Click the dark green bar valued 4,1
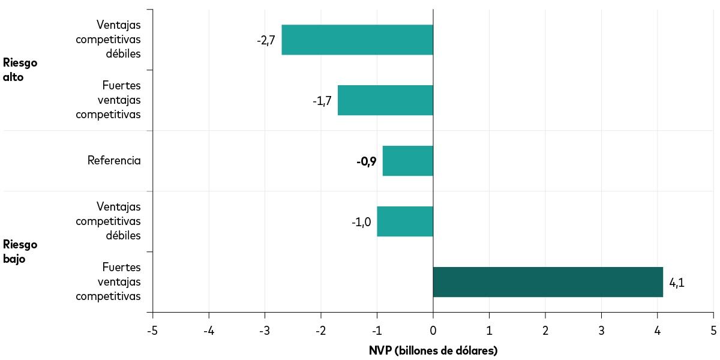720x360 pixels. coord(547,282)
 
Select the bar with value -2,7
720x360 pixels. coord(357,40)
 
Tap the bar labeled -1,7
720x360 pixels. coord(385,100)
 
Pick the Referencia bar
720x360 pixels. coord(407,161)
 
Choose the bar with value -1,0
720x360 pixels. coord(404,221)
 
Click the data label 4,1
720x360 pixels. coord(676,283)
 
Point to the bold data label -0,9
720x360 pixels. coord(366,161)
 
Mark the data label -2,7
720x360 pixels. coord(266,40)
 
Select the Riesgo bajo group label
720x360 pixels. coord(20,251)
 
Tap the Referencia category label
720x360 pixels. coord(114,161)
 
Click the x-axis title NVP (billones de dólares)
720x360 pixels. coord(433,350)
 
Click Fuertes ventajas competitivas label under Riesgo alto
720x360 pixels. coord(109,100)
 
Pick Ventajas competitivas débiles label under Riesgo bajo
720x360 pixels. coord(109,221)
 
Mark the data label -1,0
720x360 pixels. coord(361,222)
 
